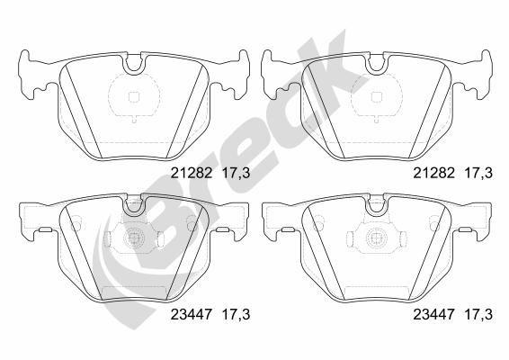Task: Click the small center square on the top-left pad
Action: pos(132,99)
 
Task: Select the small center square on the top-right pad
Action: pos(373,99)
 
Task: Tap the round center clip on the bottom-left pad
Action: pos(132,240)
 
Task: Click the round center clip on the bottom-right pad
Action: pos(373,240)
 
